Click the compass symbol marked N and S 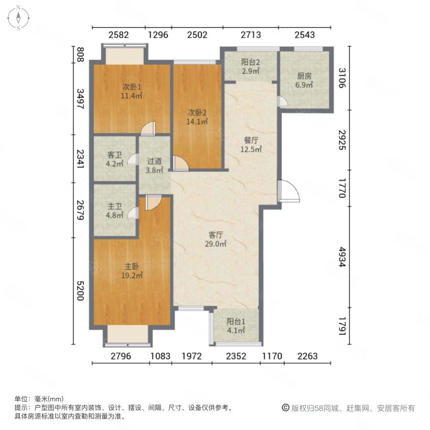[18, 18]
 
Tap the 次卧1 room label [131, 87]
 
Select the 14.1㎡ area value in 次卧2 [197, 121]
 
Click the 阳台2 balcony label [250, 62]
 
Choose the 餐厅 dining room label [251, 140]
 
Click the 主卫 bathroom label [115, 206]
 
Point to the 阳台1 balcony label [236, 321]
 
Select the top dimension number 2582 [118, 34]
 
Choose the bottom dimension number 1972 [192, 355]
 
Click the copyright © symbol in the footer [285, 408]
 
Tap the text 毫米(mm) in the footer [49, 399]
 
